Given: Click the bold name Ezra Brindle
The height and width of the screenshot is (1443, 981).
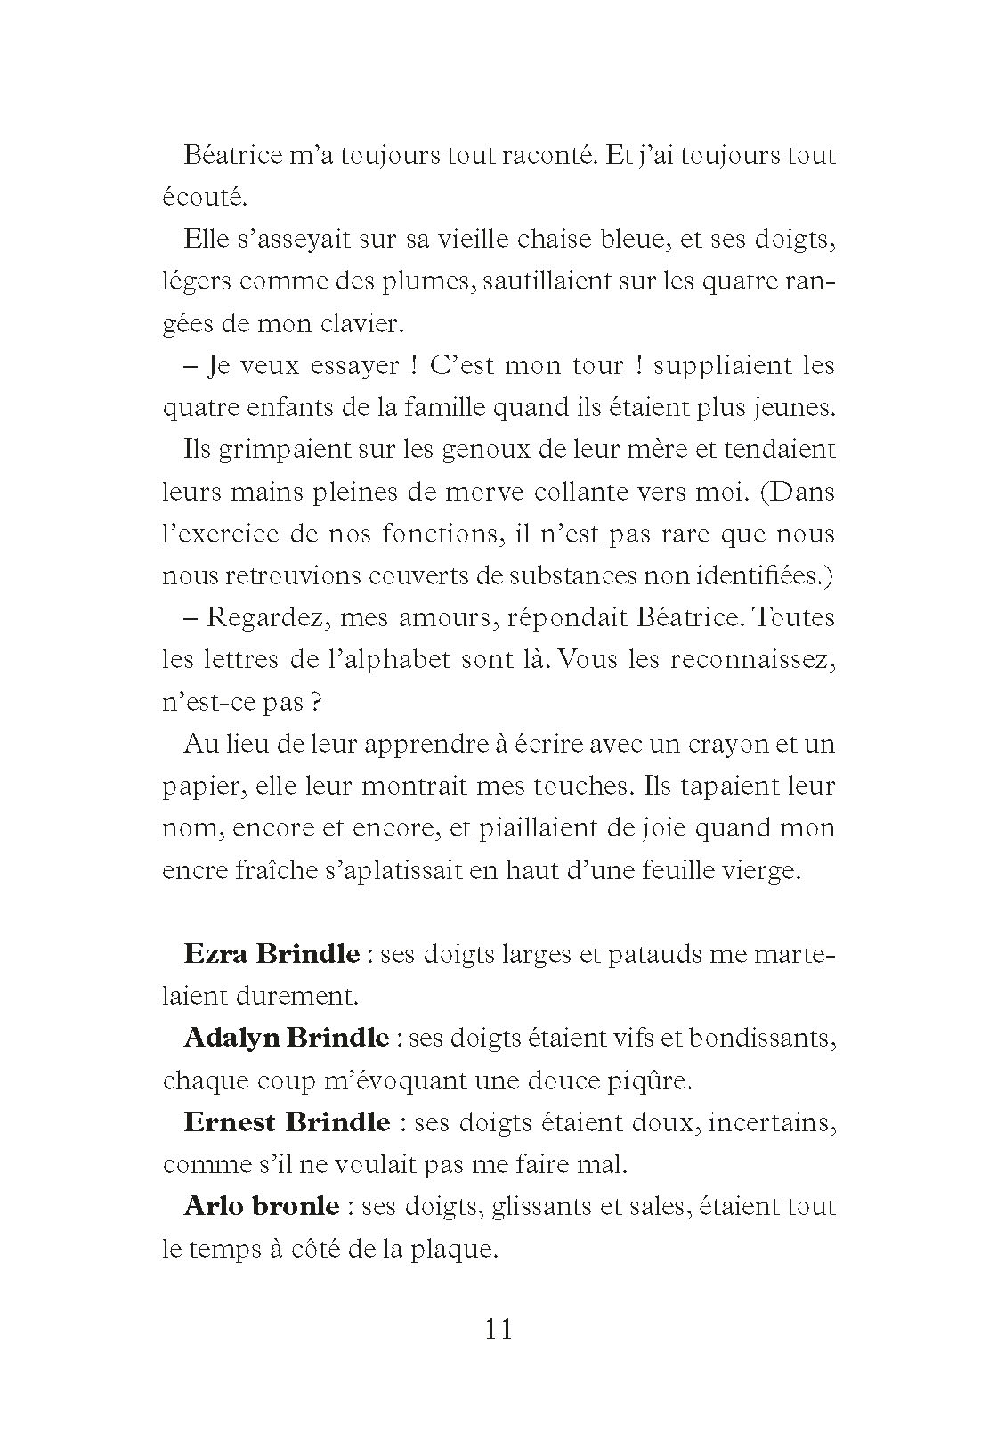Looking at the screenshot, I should tap(272, 954).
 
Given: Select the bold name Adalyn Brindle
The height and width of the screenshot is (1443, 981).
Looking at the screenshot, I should tap(286, 1038).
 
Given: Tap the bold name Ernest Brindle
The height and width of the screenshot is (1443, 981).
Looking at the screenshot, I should tap(287, 1122).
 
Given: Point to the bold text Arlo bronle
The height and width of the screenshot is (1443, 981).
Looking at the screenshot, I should tap(261, 1206).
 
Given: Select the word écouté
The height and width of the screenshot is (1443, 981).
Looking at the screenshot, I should tap(197, 198).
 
